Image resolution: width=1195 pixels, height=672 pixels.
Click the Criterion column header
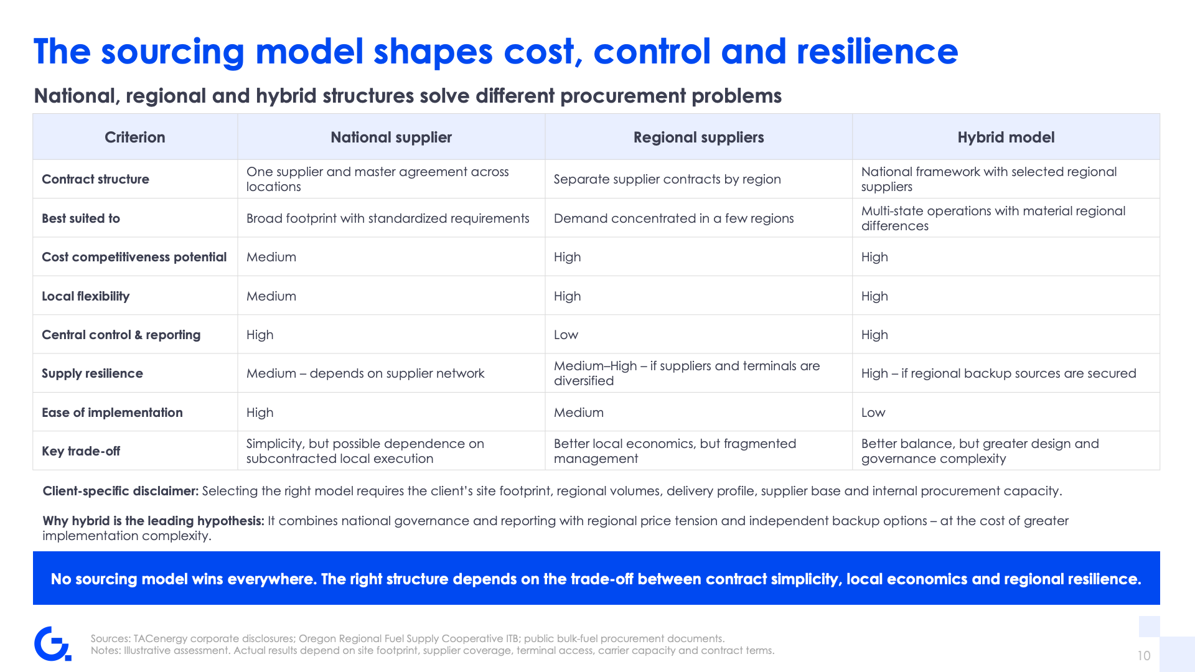click(x=134, y=138)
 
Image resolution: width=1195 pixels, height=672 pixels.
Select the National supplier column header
click(x=391, y=138)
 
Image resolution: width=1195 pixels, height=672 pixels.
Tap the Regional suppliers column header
click(x=698, y=138)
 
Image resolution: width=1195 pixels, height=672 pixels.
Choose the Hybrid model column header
click(x=1006, y=138)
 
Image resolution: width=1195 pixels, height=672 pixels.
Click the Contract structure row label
click(x=95, y=179)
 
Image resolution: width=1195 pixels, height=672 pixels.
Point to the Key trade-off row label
click(x=81, y=451)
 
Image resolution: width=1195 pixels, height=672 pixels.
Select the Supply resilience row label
click(x=92, y=373)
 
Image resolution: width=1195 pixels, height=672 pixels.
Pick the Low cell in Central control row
click(x=566, y=335)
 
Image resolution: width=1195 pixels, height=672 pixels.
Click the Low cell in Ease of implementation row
click(x=873, y=413)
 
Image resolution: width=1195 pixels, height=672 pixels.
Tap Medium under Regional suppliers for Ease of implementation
click(x=579, y=413)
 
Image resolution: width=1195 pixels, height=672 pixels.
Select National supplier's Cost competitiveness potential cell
click(x=271, y=257)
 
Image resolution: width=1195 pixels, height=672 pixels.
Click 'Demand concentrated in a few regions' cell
click(x=673, y=218)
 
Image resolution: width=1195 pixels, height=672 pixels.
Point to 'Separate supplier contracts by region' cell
click(x=667, y=179)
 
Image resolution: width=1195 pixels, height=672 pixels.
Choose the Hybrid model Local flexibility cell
click(x=874, y=296)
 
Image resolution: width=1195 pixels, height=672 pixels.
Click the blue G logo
click(x=53, y=643)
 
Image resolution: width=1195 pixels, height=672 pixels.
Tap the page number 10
click(x=1144, y=656)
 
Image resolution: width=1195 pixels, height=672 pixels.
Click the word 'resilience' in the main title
click(x=878, y=52)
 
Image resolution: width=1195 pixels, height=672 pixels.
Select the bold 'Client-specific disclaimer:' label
click(x=121, y=491)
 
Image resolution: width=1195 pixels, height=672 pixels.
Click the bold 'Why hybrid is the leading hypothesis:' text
click(x=154, y=521)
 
